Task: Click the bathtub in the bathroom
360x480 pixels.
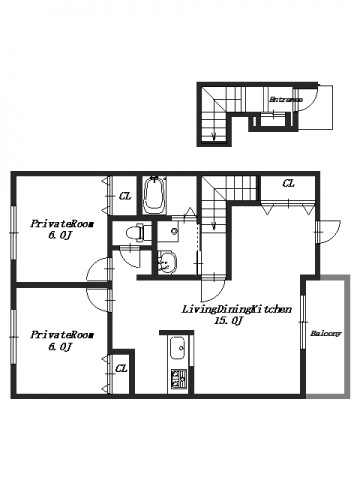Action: coord(154,195)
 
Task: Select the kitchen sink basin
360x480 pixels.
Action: coord(177,349)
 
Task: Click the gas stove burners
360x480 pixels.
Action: coord(179,379)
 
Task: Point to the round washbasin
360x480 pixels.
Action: coord(167,261)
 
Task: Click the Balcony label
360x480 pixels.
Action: coord(326,333)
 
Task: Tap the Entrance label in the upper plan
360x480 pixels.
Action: coord(286,99)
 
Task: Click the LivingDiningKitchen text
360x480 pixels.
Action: coord(236,309)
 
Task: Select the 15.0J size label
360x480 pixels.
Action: coord(229,321)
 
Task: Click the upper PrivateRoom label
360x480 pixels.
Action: coord(62,224)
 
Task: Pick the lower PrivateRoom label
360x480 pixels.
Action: coord(62,335)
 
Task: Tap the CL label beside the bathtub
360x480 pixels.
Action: coord(125,196)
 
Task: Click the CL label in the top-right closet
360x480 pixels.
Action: coord(288,183)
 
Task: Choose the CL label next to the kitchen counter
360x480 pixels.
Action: coord(121,369)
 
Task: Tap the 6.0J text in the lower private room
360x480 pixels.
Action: coord(61,347)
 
